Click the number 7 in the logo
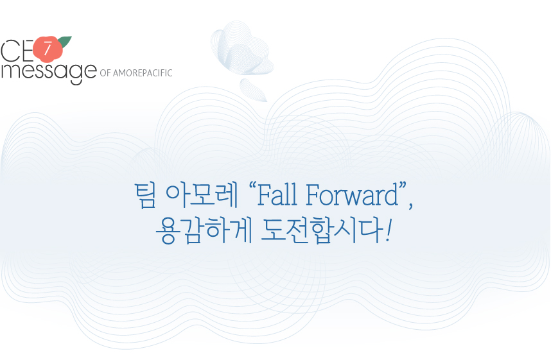click(x=47, y=49)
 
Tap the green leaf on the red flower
click(x=65, y=41)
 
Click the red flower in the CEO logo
click(x=48, y=49)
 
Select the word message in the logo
click(x=49, y=72)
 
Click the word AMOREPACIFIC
click(x=143, y=73)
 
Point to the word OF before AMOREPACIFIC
click(x=105, y=73)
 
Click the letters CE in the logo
click(x=17, y=51)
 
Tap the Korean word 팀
click(x=145, y=195)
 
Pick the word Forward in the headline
click(x=352, y=195)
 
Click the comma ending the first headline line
click(x=410, y=205)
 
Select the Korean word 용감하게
click(x=204, y=231)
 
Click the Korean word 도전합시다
click(x=322, y=231)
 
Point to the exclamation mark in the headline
click(x=388, y=231)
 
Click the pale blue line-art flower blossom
click(x=242, y=49)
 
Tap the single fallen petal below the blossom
click(x=254, y=90)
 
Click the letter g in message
click(x=76, y=74)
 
